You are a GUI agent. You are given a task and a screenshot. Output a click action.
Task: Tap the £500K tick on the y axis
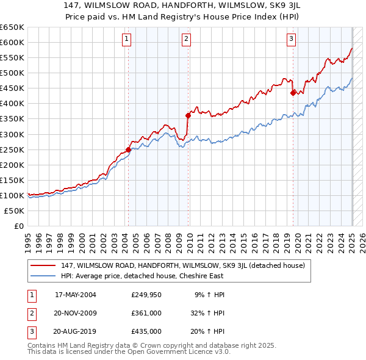coord(13,73)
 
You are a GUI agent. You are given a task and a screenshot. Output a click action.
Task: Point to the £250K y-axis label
coord(13,149)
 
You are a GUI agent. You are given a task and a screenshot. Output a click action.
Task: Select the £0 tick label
coord(20,226)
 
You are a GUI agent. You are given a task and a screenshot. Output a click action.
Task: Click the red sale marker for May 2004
coord(128,149)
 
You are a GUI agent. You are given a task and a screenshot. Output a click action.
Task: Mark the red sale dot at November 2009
coord(188,115)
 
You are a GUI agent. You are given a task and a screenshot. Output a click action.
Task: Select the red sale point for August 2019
coord(293,93)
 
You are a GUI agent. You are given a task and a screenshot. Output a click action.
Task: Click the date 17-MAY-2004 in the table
coord(76,294)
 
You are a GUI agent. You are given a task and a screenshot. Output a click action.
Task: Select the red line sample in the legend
coord(43,265)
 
